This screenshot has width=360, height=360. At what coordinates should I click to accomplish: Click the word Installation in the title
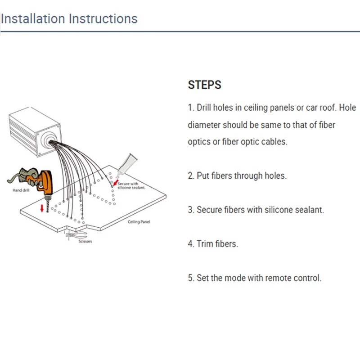click(x=33, y=18)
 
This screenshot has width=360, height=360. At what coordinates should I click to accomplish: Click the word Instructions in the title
click(x=103, y=18)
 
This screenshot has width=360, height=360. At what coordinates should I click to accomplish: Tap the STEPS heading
click(x=205, y=85)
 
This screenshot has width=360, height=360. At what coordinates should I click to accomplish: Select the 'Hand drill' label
click(x=21, y=190)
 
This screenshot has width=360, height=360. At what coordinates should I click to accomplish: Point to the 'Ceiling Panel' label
click(x=139, y=222)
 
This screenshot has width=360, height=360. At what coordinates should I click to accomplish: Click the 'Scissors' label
click(x=85, y=241)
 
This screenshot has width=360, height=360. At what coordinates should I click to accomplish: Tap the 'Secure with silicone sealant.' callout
click(x=131, y=185)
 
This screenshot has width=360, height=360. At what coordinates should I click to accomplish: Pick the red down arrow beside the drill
click(x=42, y=208)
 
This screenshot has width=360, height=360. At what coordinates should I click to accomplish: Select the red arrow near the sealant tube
click(x=116, y=183)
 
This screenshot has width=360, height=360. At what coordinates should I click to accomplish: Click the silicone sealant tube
click(x=126, y=165)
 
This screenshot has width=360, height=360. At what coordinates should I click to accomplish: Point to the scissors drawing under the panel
click(x=76, y=235)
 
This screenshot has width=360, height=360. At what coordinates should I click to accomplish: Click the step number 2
click(x=191, y=175)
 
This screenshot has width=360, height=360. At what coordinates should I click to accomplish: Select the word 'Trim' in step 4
click(x=206, y=243)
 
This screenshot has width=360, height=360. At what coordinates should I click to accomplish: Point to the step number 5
click(x=191, y=278)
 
